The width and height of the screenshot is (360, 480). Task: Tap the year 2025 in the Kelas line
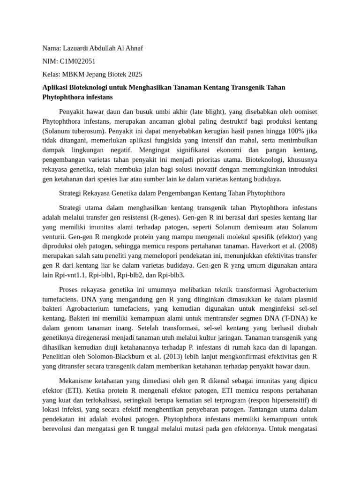pos(134,75)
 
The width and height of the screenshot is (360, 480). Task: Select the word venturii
pos(55,236)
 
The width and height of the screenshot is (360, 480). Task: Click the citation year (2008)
pos(306,246)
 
